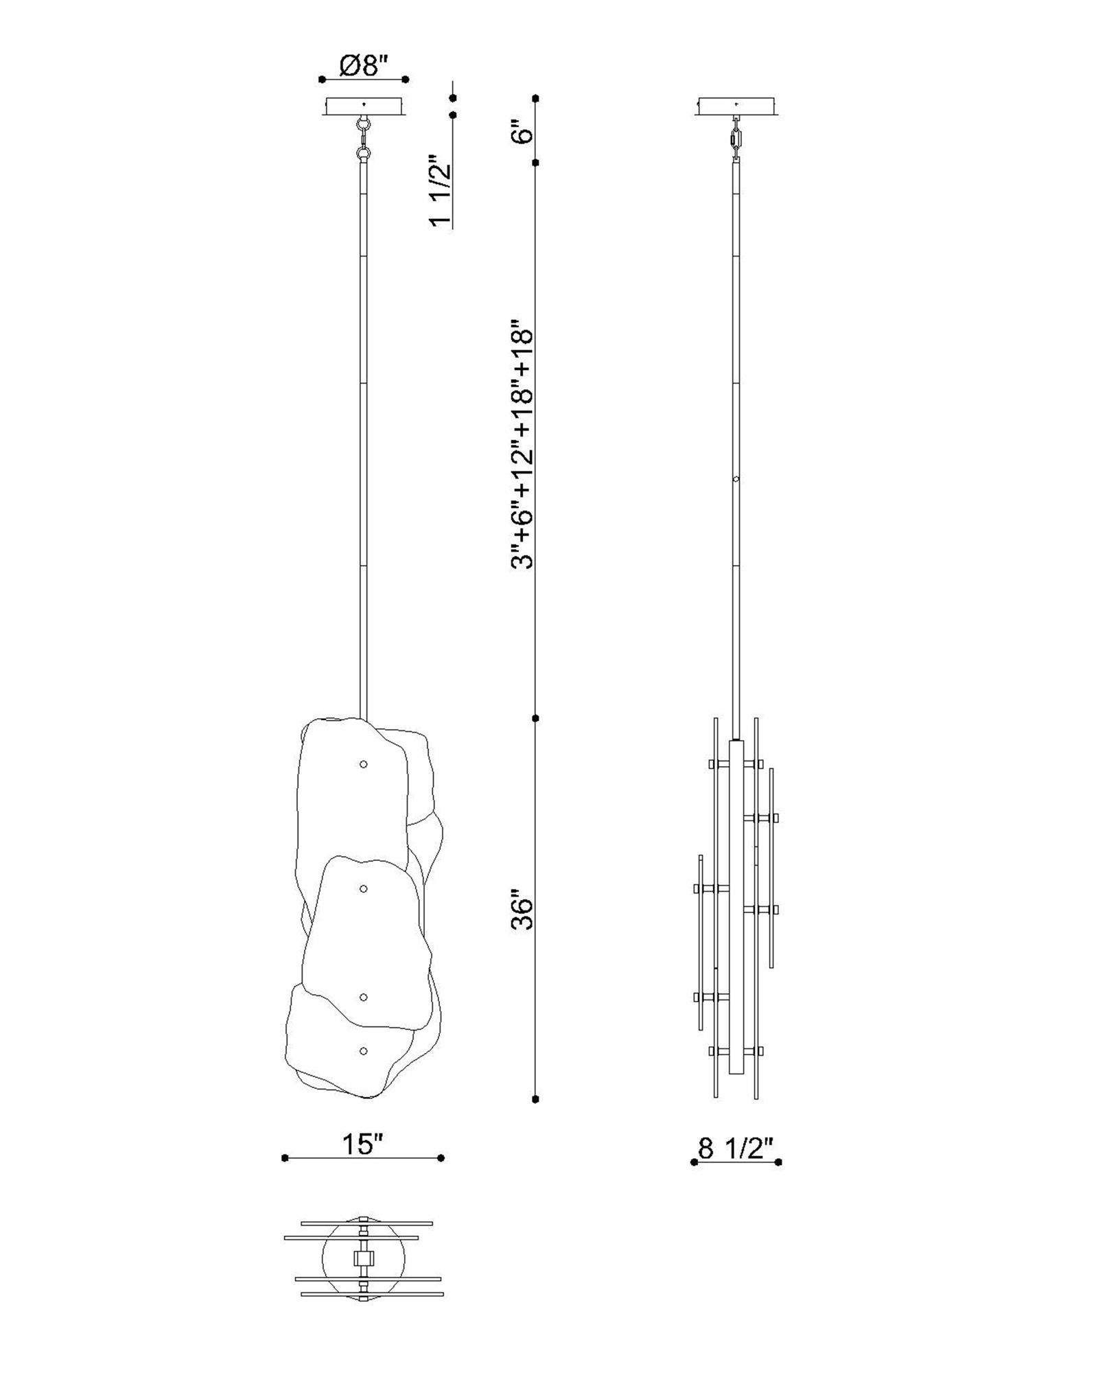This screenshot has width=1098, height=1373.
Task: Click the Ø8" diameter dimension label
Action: click(364, 66)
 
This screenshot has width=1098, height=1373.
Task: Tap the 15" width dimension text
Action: click(363, 1144)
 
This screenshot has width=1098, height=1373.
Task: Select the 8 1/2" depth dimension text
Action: click(736, 1147)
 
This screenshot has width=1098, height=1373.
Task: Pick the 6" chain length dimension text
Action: click(523, 130)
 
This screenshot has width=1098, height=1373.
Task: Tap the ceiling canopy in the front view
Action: click(364, 106)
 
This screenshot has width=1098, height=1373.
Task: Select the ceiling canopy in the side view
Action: click(737, 106)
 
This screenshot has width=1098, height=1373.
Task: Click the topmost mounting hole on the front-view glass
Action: click(364, 764)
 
